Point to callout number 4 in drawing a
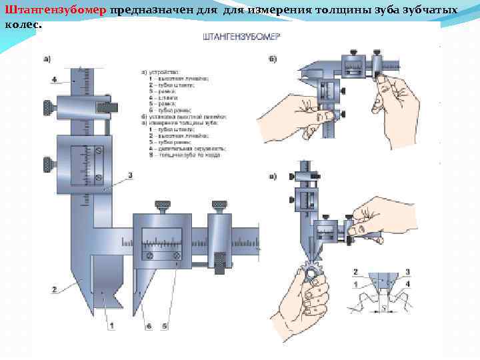(x=53, y=79)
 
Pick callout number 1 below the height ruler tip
(x=112, y=325)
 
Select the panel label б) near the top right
(x=273, y=60)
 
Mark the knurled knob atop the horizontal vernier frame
(x=162, y=206)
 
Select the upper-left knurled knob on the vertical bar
(x=48, y=105)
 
